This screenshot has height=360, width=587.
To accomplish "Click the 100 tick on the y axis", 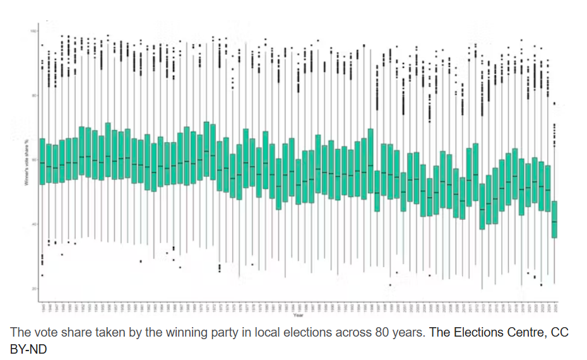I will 33,30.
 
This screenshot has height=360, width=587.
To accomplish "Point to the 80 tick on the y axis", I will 33,95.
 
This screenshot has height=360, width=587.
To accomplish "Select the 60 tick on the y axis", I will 33,160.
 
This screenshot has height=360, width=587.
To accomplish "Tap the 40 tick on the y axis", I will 33,224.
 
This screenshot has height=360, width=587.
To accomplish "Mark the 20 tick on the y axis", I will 33,289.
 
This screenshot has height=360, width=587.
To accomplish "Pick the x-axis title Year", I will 297,315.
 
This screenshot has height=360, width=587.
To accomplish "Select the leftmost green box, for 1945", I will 42,161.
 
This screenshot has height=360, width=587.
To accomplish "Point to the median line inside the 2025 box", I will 555,222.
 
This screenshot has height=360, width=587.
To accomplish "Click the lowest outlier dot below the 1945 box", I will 42,275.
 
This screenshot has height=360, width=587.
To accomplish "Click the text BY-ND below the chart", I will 28,348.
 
